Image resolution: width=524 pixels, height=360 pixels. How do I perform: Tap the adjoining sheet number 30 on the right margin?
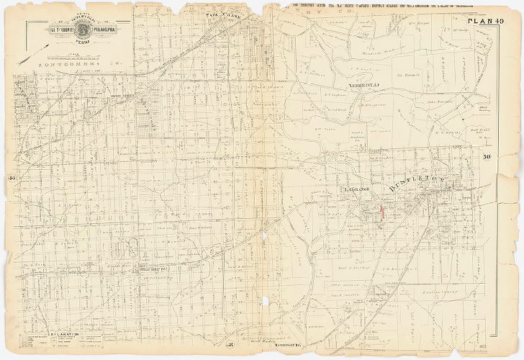[x=487, y=156]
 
